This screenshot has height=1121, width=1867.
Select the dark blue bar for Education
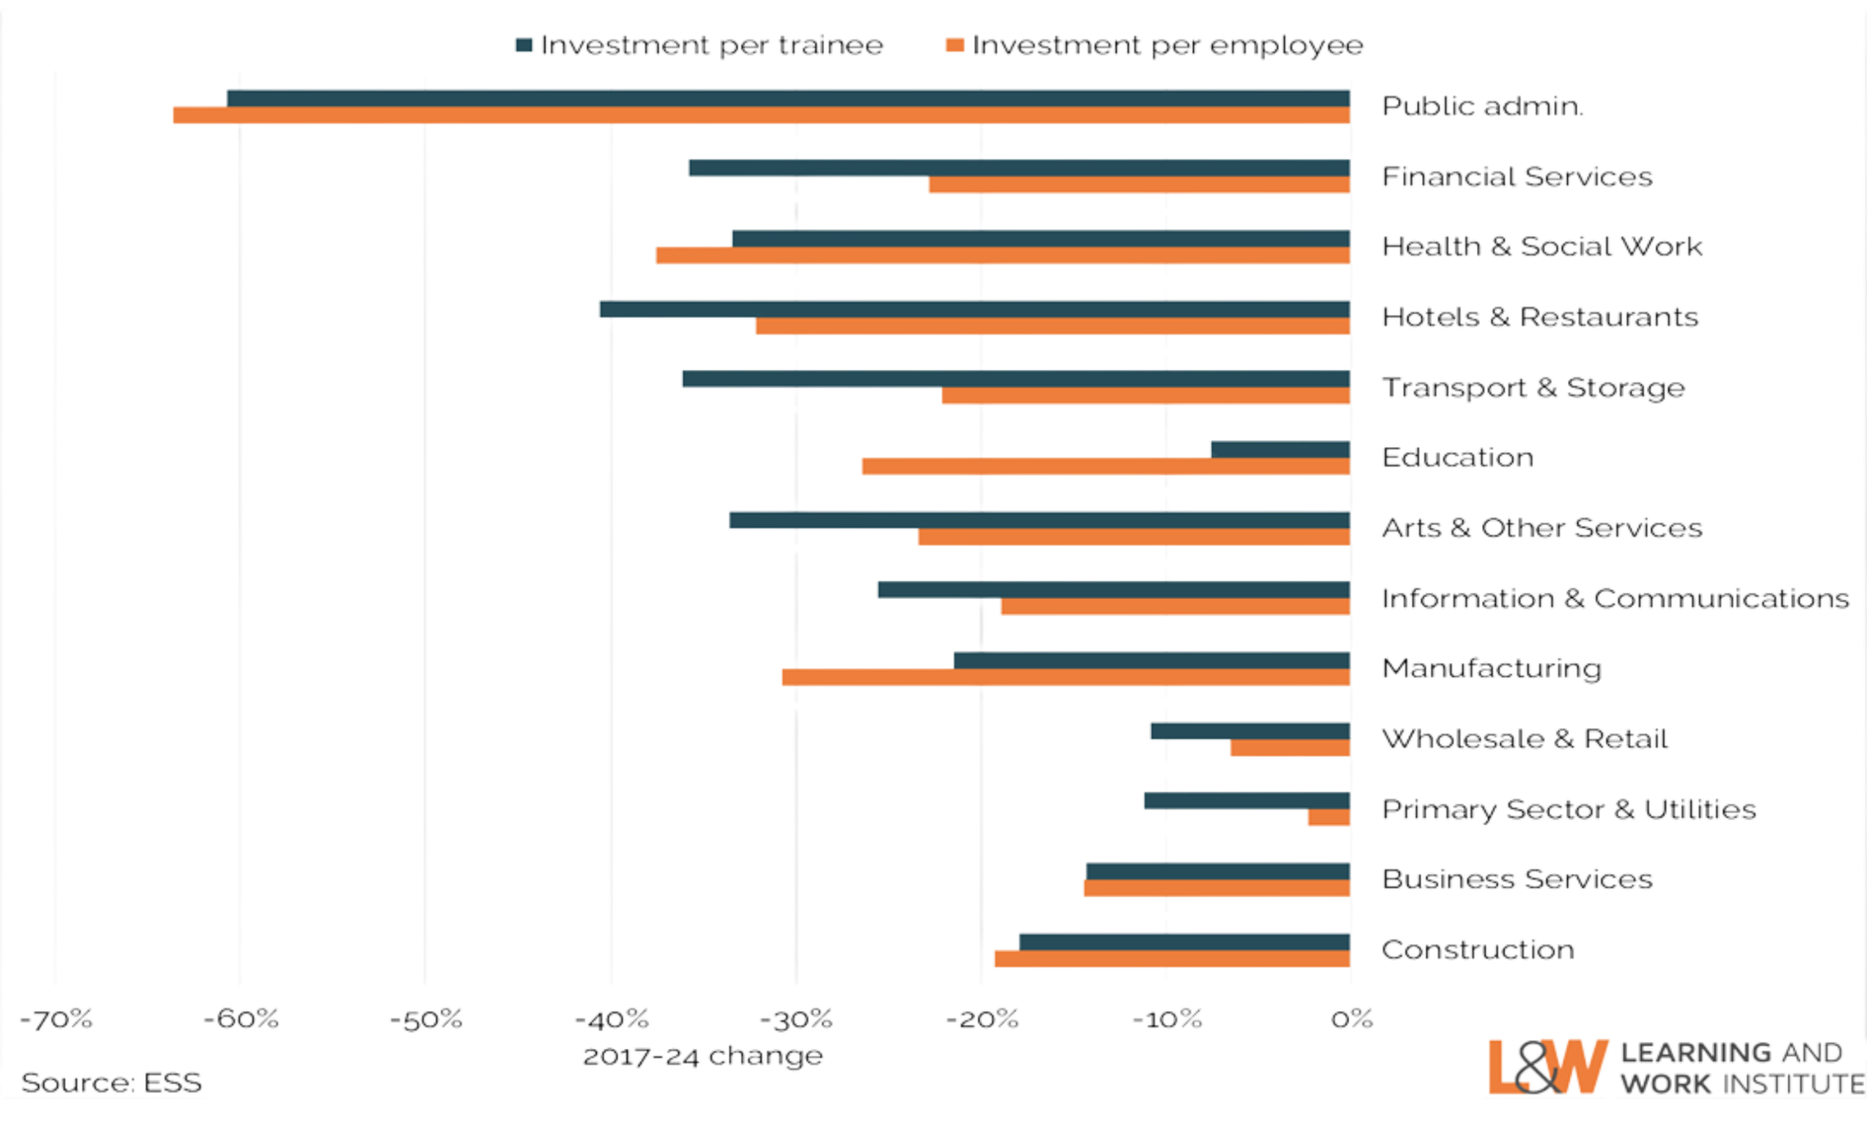pyautogui.click(x=1279, y=449)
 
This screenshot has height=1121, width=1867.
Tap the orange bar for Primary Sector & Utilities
pyautogui.click(x=1329, y=818)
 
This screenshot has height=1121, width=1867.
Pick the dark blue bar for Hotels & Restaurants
pyautogui.click(x=974, y=309)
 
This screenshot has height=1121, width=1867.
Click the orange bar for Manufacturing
pyautogui.click(x=1065, y=678)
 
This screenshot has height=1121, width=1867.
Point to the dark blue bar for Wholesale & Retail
pyautogui.click(x=1250, y=731)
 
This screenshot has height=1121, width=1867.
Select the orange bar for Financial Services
pyautogui.click(x=1139, y=186)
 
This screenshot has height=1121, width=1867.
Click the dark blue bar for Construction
pyautogui.click(x=1184, y=941)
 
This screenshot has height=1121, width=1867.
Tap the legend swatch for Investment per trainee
pyautogui.click(x=524, y=45)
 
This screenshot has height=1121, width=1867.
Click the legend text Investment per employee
pyautogui.click(x=1168, y=45)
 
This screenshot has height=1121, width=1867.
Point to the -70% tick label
pyautogui.click(x=55, y=1020)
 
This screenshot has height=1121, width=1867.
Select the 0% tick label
pyautogui.click(x=1351, y=1020)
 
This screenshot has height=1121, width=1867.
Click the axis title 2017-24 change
pyautogui.click(x=702, y=1055)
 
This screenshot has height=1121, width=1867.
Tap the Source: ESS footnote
pyautogui.click(x=112, y=1082)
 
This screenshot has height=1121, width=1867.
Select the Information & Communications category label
pyautogui.click(x=1615, y=598)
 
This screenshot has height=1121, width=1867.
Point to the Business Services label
pyautogui.click(x=1516, y=880)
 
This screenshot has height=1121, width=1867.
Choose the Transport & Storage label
pyautogui.click(x=1533, y=387)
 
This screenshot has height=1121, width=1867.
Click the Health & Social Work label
pyautogui.click(x=1542, y=247)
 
